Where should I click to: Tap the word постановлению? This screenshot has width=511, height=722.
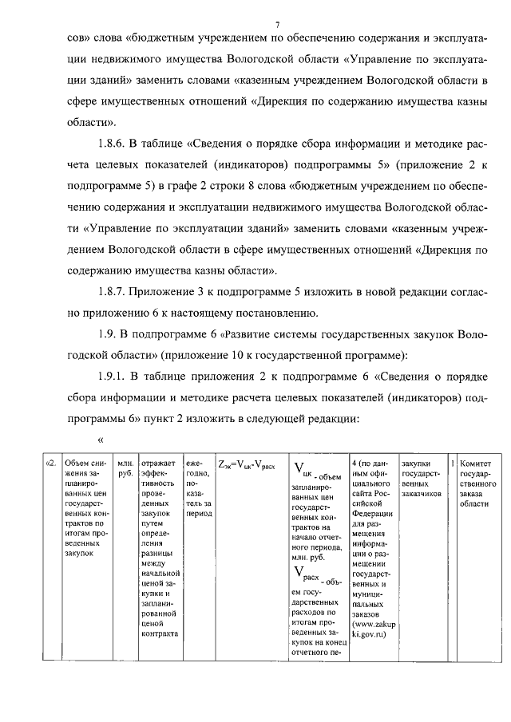coord(281,311)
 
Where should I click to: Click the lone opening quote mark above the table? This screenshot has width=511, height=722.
coord(101,439)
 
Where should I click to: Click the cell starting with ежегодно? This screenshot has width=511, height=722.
coord(197,488)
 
